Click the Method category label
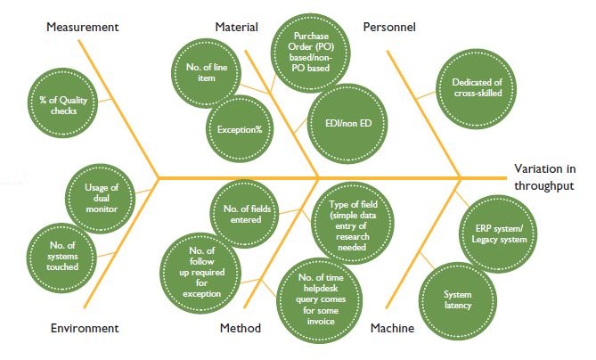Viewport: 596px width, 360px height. (x=241, y=329)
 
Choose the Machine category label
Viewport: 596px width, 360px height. (x=392, y=329)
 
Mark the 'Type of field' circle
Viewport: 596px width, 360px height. (x=347, y=221)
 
